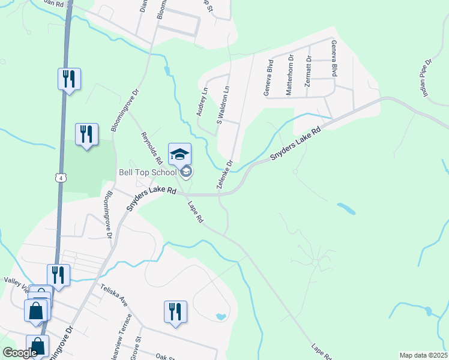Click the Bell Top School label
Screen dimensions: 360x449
(x=148, y=172)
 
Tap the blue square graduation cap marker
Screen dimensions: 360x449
(x=180, y=155)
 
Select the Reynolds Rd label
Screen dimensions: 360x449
(x=152, y=148)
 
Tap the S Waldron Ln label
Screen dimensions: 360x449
(x=223, y=102)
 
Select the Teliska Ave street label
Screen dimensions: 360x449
(x=114, y=294)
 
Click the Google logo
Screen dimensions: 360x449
(x=20, y=353)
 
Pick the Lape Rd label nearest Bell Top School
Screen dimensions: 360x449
(x=196, y=212)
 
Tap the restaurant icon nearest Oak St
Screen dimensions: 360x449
(x=175, y=312)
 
